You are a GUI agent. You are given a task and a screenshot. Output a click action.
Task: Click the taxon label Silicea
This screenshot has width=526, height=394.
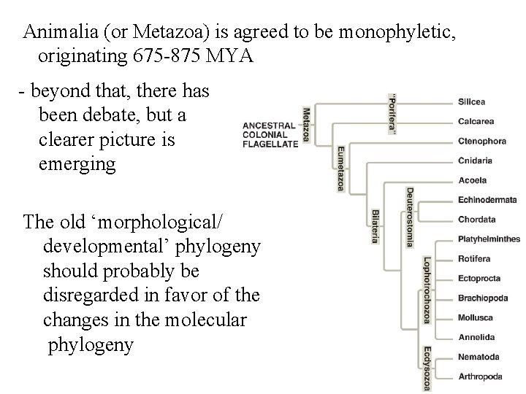(x=472, y=101)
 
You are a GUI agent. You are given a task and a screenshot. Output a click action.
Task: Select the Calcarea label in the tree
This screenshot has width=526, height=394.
(x=475, y=121)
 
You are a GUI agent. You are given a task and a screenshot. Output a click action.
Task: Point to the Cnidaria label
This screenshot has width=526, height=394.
(x=475, y=161)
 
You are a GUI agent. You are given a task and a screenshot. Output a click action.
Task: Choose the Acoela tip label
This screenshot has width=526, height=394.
(x=472, y=180)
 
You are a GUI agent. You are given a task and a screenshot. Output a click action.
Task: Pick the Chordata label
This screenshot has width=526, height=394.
(x=476, y=220)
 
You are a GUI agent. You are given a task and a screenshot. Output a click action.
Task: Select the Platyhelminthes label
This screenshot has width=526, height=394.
(x=489, y=239)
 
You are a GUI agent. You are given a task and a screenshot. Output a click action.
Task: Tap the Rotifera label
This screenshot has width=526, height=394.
(x=474, y=259)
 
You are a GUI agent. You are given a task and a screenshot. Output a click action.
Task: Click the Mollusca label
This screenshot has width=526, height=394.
(x=475, y=317)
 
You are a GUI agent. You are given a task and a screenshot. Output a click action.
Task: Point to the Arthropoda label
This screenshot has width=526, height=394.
(x=480, y=376)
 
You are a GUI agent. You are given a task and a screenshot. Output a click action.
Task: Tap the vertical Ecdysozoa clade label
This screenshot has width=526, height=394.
(x=426, y=368)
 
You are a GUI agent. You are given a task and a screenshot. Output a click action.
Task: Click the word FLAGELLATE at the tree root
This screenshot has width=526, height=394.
(x=270, y=144)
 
